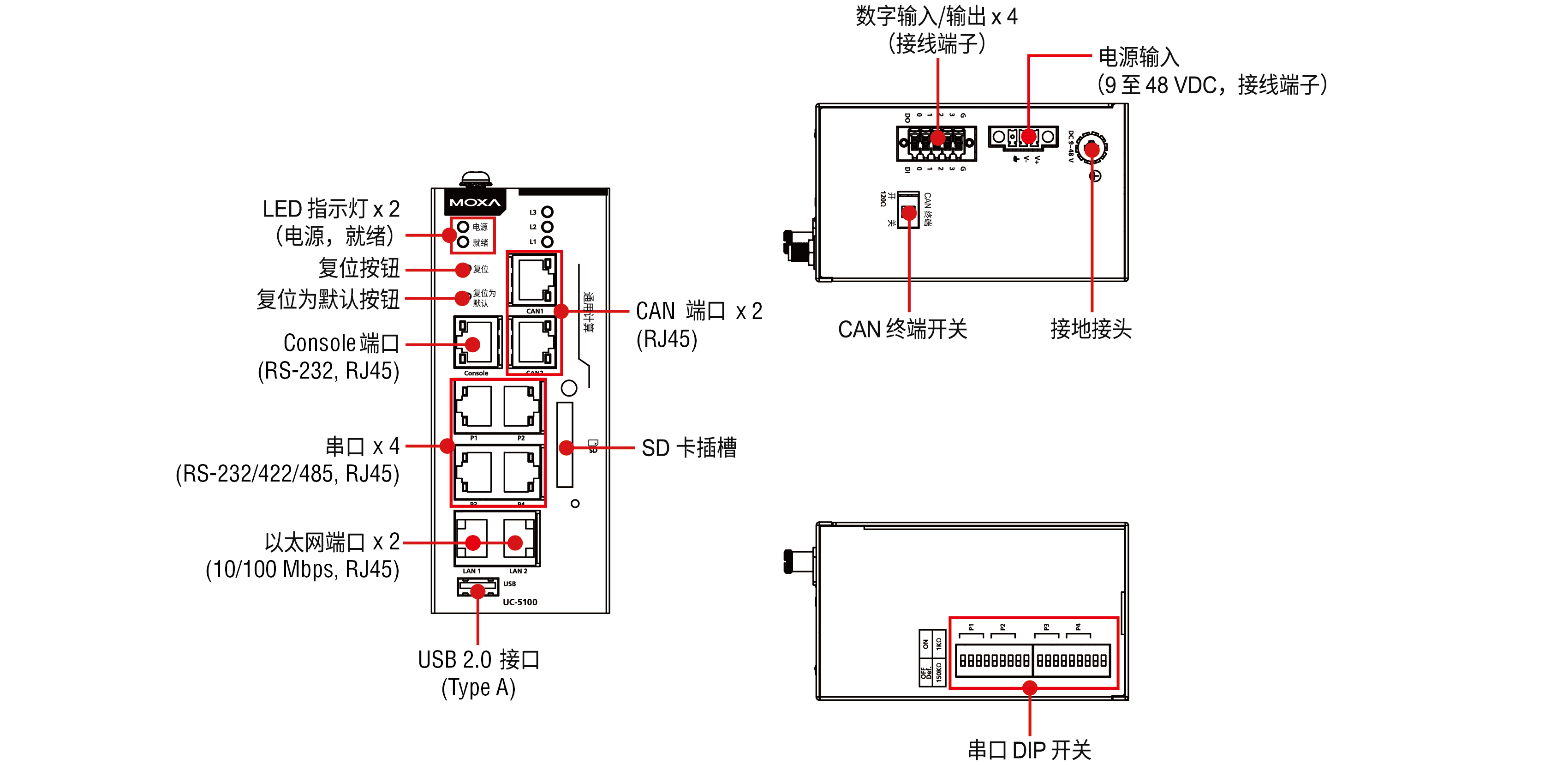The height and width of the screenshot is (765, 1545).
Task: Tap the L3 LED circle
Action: point(547,212)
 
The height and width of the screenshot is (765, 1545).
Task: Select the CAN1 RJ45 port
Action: point(533,280)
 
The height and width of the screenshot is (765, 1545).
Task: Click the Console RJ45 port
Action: point(477,343)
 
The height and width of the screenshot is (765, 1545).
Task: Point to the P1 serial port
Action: point(474,407)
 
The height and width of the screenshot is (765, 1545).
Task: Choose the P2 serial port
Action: point(520,407)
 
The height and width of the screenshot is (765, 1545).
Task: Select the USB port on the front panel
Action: point(477,587)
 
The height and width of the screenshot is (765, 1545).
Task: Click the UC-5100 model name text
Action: point(519,602)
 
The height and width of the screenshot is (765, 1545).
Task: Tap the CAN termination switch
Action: point(909,211)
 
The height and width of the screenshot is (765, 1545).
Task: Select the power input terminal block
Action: point(1023,137)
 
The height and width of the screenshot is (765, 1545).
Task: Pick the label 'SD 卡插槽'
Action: point(688,448)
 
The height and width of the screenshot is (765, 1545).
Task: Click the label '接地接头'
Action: point(1091,329)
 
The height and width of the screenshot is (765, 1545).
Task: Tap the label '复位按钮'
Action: point(358,268)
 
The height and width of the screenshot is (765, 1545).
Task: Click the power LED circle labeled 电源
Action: point(463,227)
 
